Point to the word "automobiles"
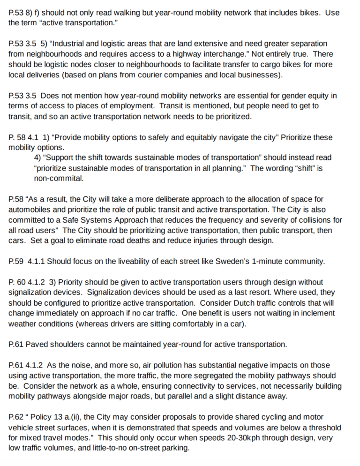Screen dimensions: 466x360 29,210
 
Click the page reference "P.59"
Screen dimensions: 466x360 16,261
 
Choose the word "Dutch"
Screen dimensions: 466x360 241,302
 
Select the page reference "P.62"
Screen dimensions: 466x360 16,417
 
